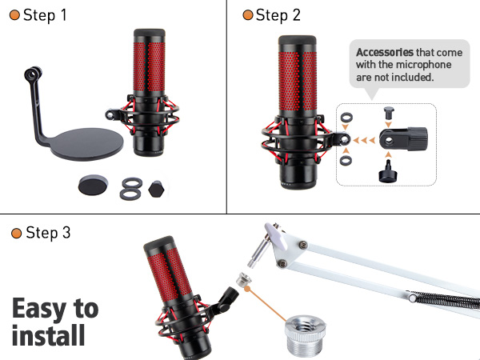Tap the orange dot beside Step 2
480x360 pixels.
point(248,15)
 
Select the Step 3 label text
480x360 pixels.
point(48,233)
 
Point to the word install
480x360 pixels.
point(48,334)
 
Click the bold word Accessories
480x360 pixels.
point(383,52)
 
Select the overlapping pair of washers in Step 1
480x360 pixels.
point(130,188)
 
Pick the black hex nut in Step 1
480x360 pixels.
point(158,189)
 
